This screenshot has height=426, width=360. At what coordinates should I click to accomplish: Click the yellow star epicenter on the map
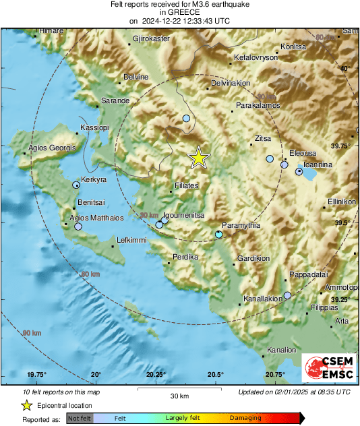coord(198,157)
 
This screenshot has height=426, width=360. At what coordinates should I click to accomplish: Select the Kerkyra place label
coord(94,180)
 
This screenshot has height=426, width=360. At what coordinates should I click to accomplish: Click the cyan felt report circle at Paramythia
coord(218,234)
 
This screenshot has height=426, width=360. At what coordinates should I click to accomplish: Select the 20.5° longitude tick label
coord(216,375)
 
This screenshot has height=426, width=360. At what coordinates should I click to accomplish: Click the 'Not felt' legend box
coord(80,418)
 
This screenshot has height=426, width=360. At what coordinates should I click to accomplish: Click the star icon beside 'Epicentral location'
coord(26,405)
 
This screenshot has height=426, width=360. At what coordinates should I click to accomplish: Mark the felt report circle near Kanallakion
coord(288,295)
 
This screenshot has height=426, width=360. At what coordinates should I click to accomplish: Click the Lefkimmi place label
coord(131,239)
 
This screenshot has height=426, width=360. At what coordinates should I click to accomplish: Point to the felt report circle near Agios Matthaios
coord(78,227)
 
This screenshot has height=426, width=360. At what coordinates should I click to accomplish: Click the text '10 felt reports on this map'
coord(61,392)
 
